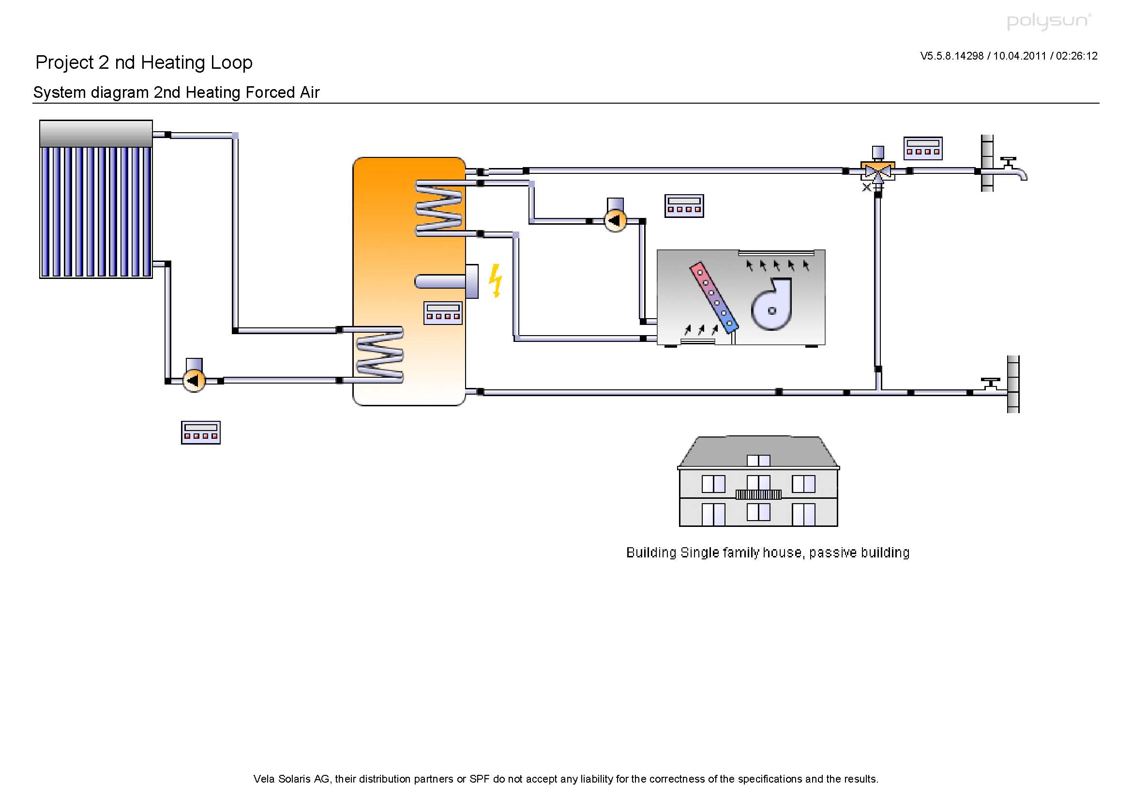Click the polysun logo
click(1049, 21)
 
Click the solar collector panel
click(96, 199)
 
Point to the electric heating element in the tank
click(447, 282)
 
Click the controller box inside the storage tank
click(443, 313)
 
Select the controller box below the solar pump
click(201, 432)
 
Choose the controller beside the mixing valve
click(923, 149)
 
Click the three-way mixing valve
click(877, 170)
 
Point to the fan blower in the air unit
click(771, 304)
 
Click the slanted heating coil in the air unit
click(713, 298)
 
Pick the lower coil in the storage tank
click(379, 354)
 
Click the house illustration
click(758, 481)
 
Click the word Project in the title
click(64, 62)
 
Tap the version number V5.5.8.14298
click(951, 56)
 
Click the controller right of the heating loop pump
click(684, 206)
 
